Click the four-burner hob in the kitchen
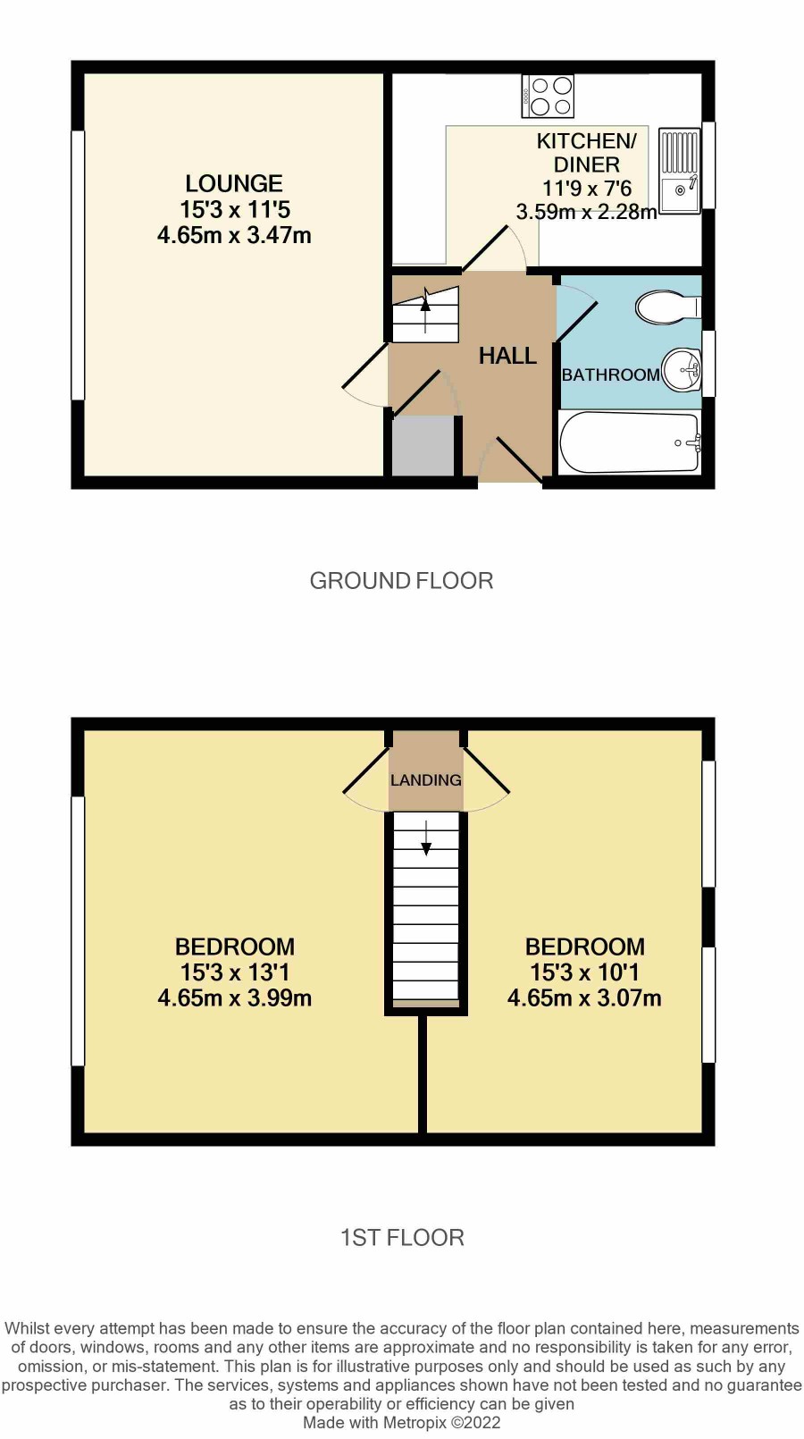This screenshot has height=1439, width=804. click(x=548, y=97)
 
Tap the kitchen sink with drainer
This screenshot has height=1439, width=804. click(x=680, y=171)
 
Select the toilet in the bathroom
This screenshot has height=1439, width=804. click(x=668, y=307)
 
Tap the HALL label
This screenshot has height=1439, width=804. click(x=507, y=356)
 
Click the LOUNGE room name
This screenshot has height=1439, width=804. click(x=234, y=184)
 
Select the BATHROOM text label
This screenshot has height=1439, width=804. click(x=611, y=375)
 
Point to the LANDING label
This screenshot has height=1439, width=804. click(x=426, y=780)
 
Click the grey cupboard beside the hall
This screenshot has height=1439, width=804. click(x=423, y=446)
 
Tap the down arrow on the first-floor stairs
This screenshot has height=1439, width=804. click(x=426, y=837)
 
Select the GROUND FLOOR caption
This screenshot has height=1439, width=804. click(x=401, y=581)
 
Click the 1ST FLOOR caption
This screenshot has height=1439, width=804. click(x=402, y=1238)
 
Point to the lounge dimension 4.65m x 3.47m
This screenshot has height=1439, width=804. click(x=234, y=235)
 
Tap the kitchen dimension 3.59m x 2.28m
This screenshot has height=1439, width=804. click(x=586, y=211)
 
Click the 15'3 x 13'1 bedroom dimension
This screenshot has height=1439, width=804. click(x=235, y=972)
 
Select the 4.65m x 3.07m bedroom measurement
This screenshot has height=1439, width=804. click(x=584, y=998)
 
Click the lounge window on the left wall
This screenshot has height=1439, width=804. click(x=78, y=265)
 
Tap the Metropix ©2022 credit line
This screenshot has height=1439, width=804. click(x=401, y=1422)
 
